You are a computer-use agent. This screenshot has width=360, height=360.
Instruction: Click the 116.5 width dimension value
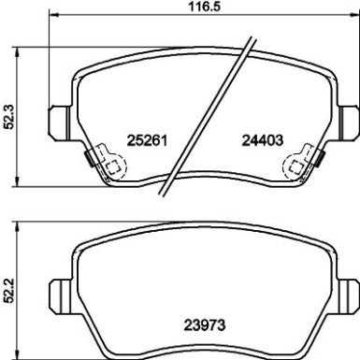206,7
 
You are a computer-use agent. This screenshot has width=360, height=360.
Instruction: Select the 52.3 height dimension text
8,117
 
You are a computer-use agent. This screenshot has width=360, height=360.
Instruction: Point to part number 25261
148,140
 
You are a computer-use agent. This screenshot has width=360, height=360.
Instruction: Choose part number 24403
263,140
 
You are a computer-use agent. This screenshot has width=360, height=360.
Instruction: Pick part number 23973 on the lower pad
205,325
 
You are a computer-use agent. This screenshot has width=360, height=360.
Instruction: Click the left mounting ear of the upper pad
60,122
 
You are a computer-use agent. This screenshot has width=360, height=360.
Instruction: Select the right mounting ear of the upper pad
349,122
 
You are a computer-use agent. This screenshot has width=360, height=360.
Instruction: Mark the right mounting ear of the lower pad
349,296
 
